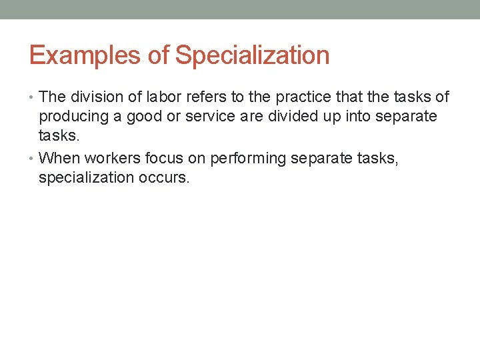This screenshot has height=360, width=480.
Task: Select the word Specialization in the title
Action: click(252, 55)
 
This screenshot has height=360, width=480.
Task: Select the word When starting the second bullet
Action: click(58, 159)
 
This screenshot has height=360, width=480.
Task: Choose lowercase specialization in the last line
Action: click(85, 178)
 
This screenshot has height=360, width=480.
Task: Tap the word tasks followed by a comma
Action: click(378, 159)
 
